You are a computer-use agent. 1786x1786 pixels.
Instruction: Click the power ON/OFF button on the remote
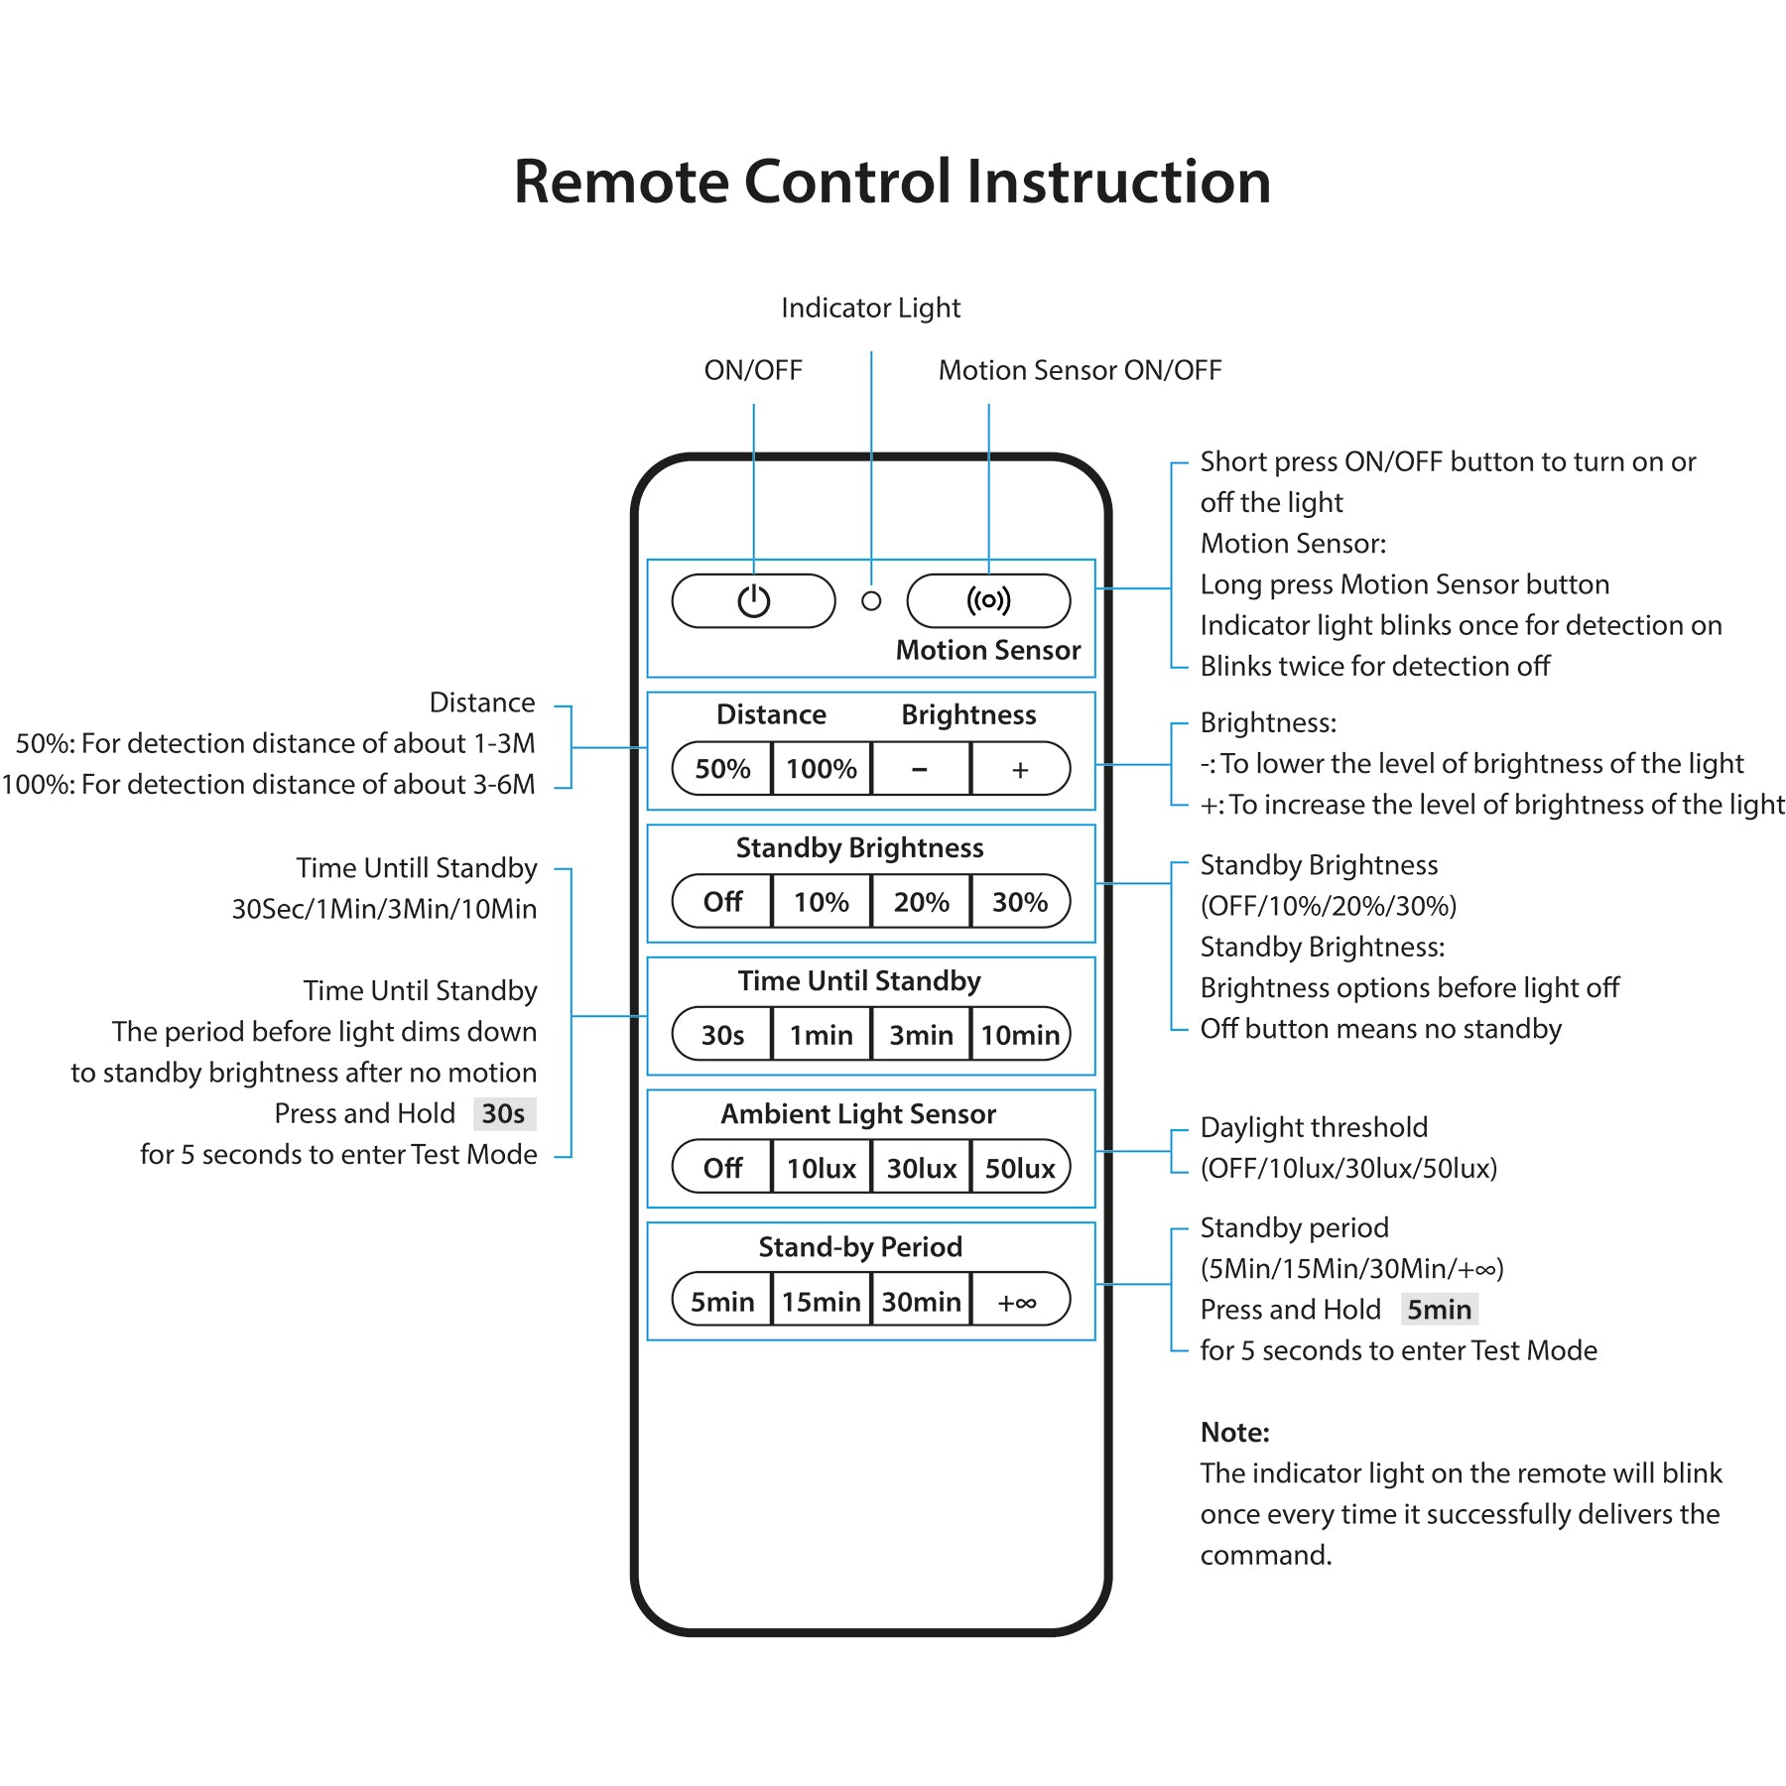(753, 601)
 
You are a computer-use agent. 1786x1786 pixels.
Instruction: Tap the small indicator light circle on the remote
(871, 601)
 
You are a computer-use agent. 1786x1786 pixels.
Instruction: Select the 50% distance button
(722, 769)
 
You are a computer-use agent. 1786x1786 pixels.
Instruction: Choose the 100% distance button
(822, 769)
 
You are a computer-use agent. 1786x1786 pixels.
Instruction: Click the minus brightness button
(921, 769)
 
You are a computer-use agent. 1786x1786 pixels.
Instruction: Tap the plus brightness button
(1021, 769)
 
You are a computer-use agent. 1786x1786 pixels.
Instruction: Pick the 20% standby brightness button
(921, 902)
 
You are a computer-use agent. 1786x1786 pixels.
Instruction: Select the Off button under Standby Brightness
(722, 902)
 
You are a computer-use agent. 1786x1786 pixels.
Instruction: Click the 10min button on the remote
(1021, 1035)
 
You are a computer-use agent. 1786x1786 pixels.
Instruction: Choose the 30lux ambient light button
(921, 1168)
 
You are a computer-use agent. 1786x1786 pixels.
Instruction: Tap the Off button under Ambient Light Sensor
(722, 1168)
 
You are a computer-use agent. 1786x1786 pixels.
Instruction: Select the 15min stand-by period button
(822, 1301)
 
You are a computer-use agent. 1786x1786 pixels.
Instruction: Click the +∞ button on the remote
(1021, 1301)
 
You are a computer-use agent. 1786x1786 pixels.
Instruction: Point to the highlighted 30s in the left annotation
(504, 1113)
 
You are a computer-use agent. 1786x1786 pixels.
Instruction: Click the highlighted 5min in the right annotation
(1440, 1310)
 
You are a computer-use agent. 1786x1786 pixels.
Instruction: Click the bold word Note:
(1235, 1432)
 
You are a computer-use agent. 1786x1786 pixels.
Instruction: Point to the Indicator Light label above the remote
(871, 309)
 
